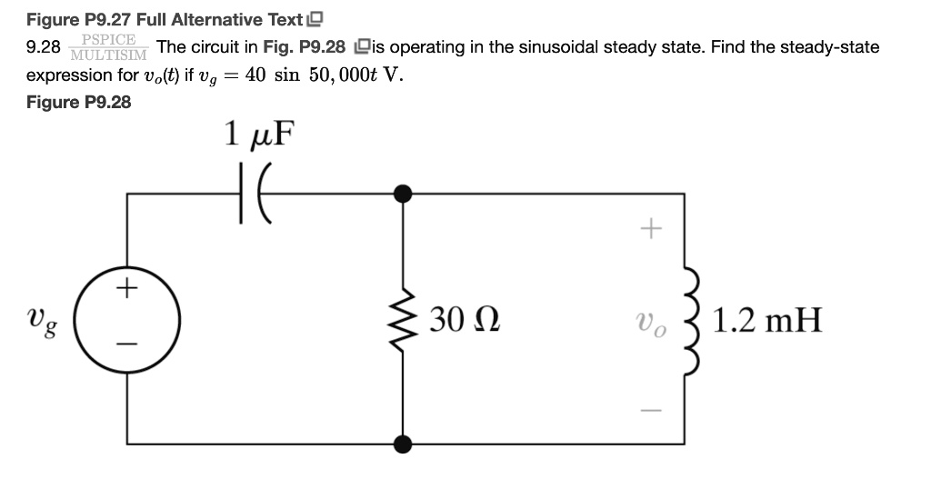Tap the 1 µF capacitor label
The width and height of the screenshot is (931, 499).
(x=259, y=135)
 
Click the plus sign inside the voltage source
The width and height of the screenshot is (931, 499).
(x=127, y=291)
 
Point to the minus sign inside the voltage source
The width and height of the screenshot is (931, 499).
(x=127, y=345)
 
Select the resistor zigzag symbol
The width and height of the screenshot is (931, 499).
(x=401, y=319)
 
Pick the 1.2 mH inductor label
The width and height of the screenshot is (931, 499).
(x=767, y=320)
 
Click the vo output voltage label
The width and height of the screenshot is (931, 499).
(x=650, y=322)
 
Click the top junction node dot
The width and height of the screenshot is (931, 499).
(x=401, y=194)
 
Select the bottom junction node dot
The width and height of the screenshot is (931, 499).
(x=401, y=443)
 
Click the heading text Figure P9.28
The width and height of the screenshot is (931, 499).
(x=78, y=102)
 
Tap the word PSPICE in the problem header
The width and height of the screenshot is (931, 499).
(x=108, y=39)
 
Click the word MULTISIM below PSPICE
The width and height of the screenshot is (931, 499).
(x=108, y=55)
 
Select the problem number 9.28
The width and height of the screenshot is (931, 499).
(x=44, y=47)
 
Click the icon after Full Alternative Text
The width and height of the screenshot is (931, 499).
(x=315, y=19)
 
